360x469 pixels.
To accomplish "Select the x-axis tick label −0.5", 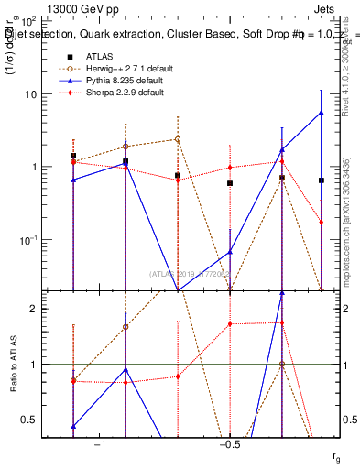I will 229,444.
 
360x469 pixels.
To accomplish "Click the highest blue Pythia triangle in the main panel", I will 321,113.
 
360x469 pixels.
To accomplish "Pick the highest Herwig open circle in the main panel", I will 178,139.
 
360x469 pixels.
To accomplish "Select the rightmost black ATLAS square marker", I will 321,180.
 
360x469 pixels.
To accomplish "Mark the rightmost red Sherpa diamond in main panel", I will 321,222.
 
